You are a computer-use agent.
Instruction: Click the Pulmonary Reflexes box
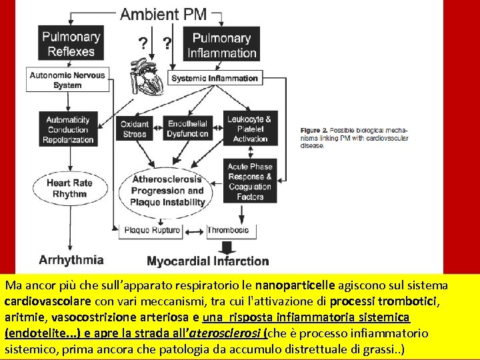click(70, 44)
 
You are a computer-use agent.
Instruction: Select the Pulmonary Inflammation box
click(221, 45)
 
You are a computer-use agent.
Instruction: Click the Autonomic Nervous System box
click(67, 80)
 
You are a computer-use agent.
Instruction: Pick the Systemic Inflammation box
click(214, 79)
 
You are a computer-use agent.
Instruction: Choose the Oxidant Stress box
click(135, 129)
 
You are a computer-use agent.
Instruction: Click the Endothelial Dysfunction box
click(187, 129)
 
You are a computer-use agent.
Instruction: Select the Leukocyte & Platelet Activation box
click(250, 129)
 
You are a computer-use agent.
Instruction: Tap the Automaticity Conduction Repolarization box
click(68, 130)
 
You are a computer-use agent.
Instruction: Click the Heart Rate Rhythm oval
click(69, 189)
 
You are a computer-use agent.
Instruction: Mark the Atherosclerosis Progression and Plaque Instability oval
click(167, 191)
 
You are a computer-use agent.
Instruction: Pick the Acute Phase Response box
click(250, 181)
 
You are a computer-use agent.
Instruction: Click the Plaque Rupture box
click(153, 231)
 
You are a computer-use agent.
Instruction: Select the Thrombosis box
click(228, 231)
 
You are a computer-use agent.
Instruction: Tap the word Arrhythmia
click(71, 260)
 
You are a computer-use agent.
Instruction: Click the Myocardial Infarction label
click(207, 261)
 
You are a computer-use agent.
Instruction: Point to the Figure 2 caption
click(354, 137)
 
